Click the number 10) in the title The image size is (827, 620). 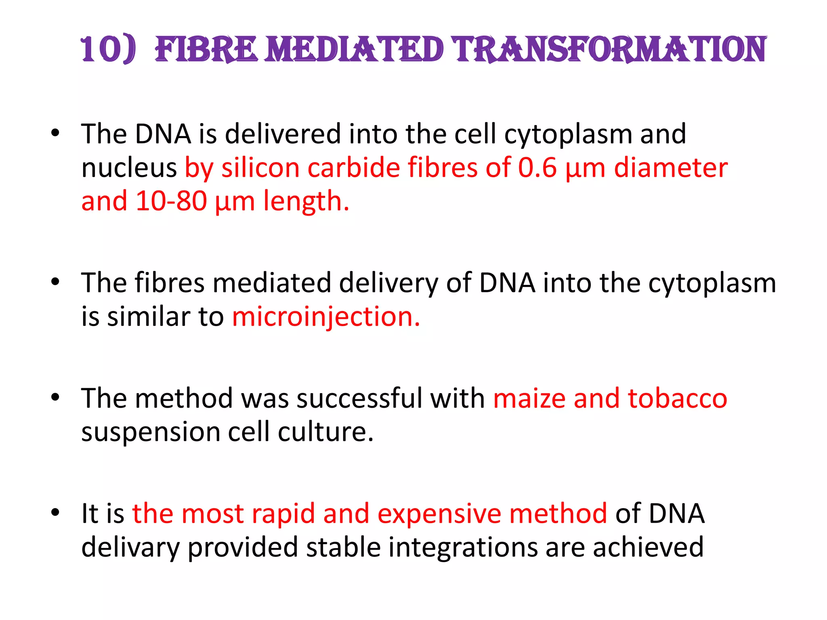click(x=108, y=50)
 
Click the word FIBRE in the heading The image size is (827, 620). click(x=206, y=50)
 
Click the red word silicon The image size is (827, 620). click(x=260, y=168)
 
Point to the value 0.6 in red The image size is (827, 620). click(x=537, y=168)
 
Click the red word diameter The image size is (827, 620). click(x=670, y=168)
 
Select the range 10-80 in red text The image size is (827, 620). click(x=171, y=201)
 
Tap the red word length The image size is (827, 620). click(x=306, y=201)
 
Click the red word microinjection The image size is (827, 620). click(x=325, y=316)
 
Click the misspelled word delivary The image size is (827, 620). click(x=130, y=548)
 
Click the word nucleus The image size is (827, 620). click(x=129, y=168)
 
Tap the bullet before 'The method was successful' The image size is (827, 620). click(x=55, y=398)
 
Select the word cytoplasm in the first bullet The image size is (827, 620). click(x=567, y=135)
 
